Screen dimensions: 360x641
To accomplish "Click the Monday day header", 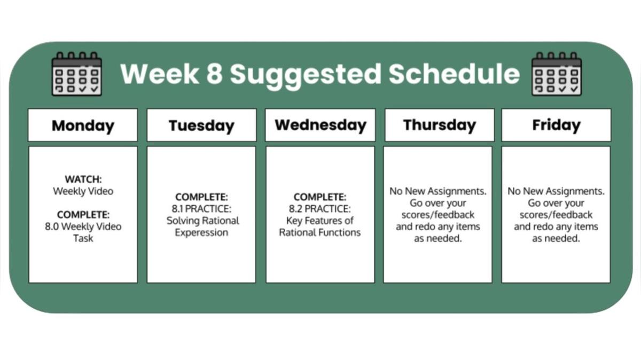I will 83,126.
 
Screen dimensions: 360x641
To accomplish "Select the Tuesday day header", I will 201,126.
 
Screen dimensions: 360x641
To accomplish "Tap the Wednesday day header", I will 320,125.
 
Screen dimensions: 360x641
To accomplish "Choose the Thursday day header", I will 439,125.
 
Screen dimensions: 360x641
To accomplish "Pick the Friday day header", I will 556,125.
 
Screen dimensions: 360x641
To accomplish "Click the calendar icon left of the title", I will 76,74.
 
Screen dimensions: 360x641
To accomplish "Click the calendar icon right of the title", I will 557,74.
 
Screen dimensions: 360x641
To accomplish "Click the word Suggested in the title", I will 306,74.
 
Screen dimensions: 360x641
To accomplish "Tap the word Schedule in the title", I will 454,74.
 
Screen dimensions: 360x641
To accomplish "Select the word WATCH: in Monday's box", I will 83,179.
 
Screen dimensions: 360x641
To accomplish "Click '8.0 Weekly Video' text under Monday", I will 83,226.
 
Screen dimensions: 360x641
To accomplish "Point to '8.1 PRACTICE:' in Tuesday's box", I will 201,209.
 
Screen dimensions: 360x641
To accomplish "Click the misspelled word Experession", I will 201,232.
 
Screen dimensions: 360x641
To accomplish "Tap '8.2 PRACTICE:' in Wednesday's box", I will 320,209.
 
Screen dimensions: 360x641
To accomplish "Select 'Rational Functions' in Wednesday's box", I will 320,232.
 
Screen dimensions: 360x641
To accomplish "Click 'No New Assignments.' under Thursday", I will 438,191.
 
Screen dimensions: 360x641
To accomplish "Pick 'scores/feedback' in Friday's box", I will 556,215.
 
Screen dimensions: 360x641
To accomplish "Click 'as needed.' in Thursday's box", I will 438,238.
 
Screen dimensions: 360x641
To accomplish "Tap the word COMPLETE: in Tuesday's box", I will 201,197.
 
